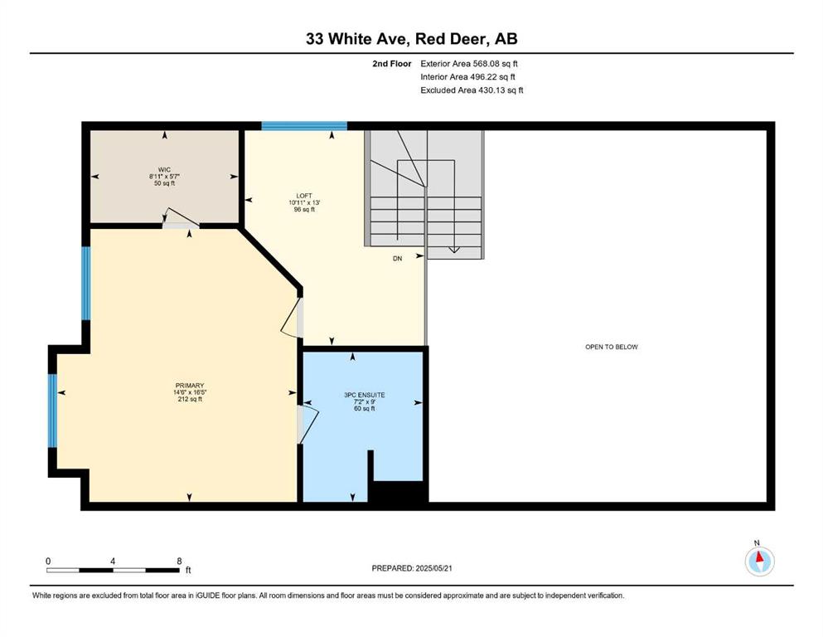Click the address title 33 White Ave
click(359, 38)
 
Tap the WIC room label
click(164, 170)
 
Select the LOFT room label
click(304, 196)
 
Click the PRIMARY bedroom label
click(190, 386)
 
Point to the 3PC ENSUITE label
click(365, 395)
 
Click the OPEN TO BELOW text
click(612, 347)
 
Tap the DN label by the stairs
click(397, 259)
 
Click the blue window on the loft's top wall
click(304, 125)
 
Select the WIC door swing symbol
click(180, 218)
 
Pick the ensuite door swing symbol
click(308, 423)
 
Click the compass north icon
click(759, 561)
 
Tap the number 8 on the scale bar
click(179, 561)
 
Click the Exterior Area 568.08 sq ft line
click(469, 64)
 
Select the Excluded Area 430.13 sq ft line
click(472, 90)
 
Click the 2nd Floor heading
click(391, 64)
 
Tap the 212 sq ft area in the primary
click(190, 399)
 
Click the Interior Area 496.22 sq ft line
click(467, 76)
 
